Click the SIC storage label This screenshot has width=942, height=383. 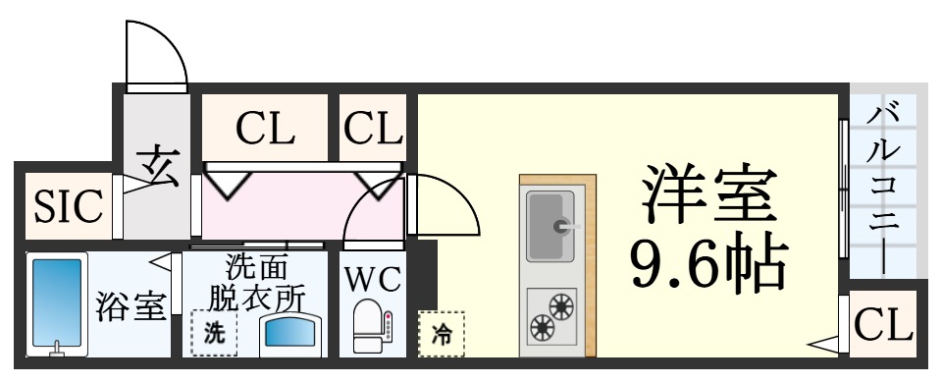(69, 206)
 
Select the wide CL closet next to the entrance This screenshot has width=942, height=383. (264, 128)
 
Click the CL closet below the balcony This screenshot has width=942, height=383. (883, 323)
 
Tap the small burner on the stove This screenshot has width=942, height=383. (540, 324)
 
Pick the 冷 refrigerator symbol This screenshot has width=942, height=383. (442, 334)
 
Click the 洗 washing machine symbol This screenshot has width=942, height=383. (213, 332)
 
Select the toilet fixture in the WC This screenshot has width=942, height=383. (371, 327)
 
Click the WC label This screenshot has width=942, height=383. (372, 281)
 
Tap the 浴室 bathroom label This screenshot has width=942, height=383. (129, 307)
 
